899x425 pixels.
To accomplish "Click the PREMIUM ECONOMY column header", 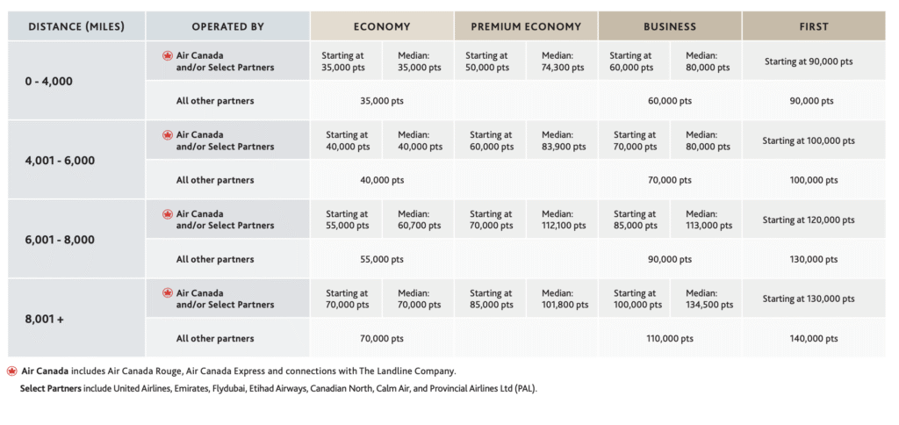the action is tap(526, 26).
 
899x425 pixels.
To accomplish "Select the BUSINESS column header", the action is tap(670, 26).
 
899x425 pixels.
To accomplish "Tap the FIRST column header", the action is tap(814, 26).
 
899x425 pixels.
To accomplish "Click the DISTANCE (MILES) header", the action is tap(76, 26).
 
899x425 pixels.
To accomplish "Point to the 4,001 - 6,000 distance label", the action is tap(60, 161).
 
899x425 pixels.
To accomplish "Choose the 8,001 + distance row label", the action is tap(44, 319).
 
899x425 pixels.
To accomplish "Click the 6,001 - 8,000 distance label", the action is tap(60, 240).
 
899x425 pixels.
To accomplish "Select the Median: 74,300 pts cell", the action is tap(563, 61).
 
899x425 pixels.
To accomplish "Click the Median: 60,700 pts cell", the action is tap(420, 220).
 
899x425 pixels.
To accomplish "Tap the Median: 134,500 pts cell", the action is tap(709, 299).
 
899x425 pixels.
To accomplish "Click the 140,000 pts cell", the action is tap(814, 339).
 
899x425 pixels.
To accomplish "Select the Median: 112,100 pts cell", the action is tap(564, 220).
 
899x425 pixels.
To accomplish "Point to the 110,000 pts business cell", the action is tap(670, 339).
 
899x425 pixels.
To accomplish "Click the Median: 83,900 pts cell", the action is tap(564, 140).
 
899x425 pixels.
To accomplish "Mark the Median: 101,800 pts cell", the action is tap(565, 299).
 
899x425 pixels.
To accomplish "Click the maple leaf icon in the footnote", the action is tap(12, 371).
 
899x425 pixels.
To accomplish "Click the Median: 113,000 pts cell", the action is tap(709, 220).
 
